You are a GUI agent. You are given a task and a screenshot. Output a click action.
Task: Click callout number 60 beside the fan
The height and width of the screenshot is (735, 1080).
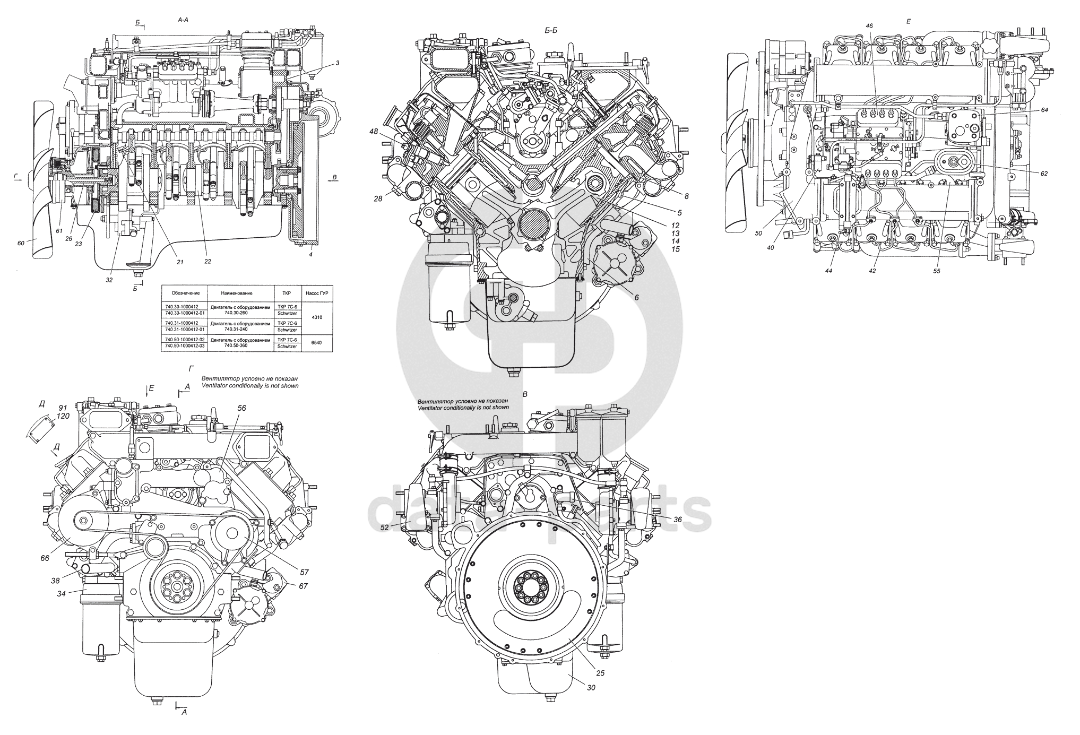tap(21, 243)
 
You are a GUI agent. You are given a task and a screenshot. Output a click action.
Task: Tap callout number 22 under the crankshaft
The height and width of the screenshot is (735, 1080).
tap(208, 261)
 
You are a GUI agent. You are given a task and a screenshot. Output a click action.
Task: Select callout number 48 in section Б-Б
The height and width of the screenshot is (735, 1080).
tap(374, 131)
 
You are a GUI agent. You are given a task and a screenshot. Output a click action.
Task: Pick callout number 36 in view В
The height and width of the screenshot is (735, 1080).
tap(677, 520)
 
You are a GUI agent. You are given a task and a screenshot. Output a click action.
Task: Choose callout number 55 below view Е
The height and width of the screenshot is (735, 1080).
tap(936, 271)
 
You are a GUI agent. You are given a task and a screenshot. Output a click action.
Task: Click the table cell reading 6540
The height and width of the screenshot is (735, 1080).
tap(316, 343)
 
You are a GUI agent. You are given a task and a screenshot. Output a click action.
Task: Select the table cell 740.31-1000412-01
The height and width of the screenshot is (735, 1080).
tap(185, 330)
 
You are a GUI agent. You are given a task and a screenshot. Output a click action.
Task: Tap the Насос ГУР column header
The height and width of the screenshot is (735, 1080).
tap(316, 293)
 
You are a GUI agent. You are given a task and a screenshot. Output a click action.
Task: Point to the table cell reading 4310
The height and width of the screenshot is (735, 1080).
tap(316, 317)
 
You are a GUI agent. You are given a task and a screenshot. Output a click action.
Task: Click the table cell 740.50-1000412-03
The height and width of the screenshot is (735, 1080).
tap(185, 346)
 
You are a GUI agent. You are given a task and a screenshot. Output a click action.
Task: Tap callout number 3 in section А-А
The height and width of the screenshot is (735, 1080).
tap(337, 63)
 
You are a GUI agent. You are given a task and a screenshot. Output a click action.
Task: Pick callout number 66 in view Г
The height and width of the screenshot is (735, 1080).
tap(45, 558)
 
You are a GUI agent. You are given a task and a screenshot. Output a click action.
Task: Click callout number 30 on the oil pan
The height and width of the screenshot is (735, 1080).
tap(591, 687)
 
